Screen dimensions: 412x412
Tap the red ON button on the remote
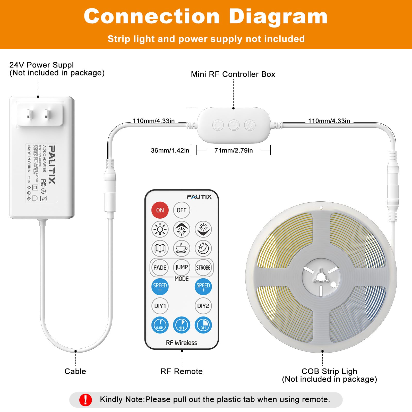pyautogui.click(x=160, y=210)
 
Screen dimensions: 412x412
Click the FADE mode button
pyautogui.click(x=160, y=268)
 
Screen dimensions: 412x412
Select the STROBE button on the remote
pyautogui.click(x=203, y=268)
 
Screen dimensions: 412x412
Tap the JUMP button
pyautogui.click(x=182, y=267)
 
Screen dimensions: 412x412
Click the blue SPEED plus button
pyautogui.click(x=203, y=287)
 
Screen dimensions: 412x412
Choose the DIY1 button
pyautogui.click(x=160, y=306)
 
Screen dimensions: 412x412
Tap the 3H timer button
pyautogui.click(x=203, y=325)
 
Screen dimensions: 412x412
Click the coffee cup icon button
pyautogui.click(x=182, y=248)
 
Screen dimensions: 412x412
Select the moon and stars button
pyautogui.click(x=203, y=248)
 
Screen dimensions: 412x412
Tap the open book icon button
pyautogui.click(x=160, y=248)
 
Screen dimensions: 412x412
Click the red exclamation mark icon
pyautogui.click(x=85, y=400)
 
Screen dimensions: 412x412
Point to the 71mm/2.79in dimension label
pyautogui.click(x=234, y=150)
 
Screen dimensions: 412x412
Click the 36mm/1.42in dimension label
pyautogui.click(x=170, y=150)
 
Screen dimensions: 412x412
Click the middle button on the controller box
pyautogui.click(x=234, y=125)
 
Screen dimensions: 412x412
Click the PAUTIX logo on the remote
pyautogui.click(x=199, y=197)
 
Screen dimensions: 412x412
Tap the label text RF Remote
pyautogui.click(x=182, y=371)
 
